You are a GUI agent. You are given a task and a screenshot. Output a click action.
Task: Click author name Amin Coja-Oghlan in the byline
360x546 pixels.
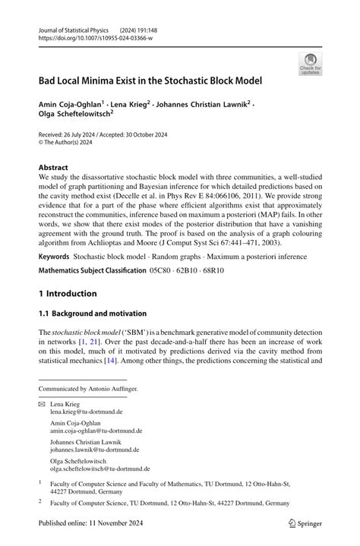click(74, 103)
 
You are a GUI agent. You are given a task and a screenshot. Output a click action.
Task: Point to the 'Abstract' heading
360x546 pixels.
click(53, 167)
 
